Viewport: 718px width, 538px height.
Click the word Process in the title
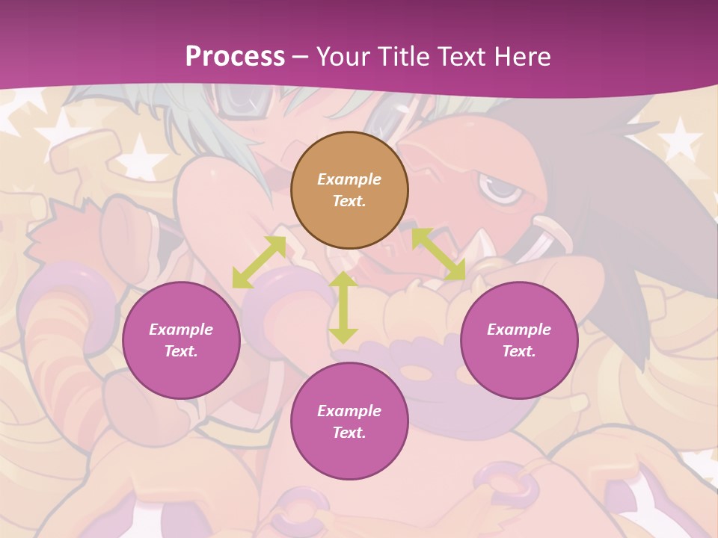click(235, 57)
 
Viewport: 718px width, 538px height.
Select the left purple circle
click(181, 340)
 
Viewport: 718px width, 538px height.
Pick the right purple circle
click(519, 340)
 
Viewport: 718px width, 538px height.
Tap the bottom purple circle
click(349, 421)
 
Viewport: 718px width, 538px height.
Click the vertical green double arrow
click(343, 307)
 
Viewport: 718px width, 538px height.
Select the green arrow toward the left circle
click(260, 262)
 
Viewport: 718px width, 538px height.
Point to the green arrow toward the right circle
click(439, 254)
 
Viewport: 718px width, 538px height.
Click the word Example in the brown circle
click(349, 179)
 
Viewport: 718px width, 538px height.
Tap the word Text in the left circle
click(181, 351)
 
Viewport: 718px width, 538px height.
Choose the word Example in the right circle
click(519, 330)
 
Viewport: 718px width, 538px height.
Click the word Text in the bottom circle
click(349, 433)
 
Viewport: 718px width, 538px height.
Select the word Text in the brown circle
click(349, 201)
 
